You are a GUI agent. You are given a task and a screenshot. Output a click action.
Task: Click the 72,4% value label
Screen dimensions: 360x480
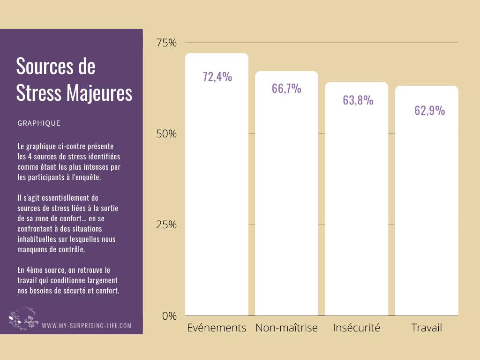click(x=217, y=77)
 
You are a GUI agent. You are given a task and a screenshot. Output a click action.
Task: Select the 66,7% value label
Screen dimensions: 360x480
click(x=286, y=89)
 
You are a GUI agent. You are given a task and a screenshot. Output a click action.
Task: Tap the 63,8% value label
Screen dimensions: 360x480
click(x=358, y=100)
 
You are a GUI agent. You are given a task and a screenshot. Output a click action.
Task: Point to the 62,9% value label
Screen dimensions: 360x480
click(x=429, y=111)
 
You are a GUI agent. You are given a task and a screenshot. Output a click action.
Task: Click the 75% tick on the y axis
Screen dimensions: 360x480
click(x=166, y=43)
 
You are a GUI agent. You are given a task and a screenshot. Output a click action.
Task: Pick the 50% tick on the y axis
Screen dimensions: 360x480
click(x=166, y=134)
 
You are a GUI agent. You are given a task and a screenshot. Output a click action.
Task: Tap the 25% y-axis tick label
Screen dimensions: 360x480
click(x=166, y=225)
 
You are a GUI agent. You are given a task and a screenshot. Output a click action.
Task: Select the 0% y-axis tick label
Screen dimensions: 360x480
click(x=169, y=316)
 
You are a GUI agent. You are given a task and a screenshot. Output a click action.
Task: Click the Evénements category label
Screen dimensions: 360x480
click(x=217, y=328)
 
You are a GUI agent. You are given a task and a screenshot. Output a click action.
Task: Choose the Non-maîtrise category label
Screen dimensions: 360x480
click(x=286, y=328)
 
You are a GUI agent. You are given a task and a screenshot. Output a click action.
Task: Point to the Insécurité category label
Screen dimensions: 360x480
click(x=356, y=328)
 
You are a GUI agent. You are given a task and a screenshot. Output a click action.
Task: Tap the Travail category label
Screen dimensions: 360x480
click(x=427, y=328)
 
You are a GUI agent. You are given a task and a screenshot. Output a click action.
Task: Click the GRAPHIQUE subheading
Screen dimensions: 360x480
click(x=39, y=123)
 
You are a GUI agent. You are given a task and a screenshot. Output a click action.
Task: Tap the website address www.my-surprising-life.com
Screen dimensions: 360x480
click(x=87, y=325)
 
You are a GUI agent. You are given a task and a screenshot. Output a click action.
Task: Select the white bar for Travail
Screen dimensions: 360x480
click(x=427, y=211)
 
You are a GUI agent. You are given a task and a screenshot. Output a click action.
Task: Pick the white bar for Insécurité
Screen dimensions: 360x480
click(x=356, y=211)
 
